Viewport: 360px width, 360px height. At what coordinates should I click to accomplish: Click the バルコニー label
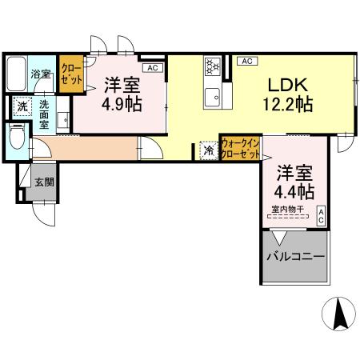tap(295, 258)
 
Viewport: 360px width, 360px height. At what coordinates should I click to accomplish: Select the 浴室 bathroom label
tap(42, 74)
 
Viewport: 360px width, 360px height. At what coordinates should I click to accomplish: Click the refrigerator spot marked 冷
tap(208, 149)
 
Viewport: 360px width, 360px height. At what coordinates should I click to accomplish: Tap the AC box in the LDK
tap(246, 61)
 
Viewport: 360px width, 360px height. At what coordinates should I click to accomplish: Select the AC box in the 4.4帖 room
tap(322, 214)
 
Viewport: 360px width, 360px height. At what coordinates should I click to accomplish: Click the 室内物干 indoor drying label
tap(286, 211)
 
